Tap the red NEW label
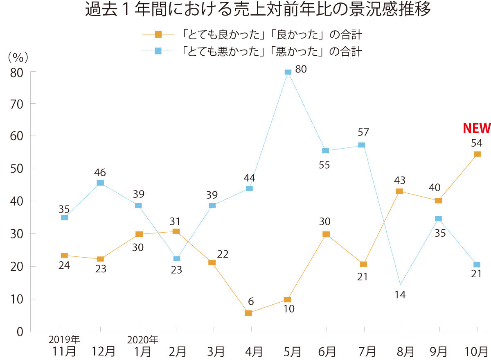[x=476, y=129]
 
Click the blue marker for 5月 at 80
[x=288, y=72]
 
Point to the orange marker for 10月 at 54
[x=477, y=154]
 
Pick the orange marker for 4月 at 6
[x=248, y=313]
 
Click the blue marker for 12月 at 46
[x=100, y=183]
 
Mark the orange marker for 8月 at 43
[x=399, y=191]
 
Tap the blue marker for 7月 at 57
[x=361, y=145]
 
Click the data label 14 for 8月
[x=400, y=294]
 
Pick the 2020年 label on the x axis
[x=142, y=340]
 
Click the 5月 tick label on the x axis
[x=292, y=351]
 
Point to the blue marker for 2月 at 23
[x=176, y=259]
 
